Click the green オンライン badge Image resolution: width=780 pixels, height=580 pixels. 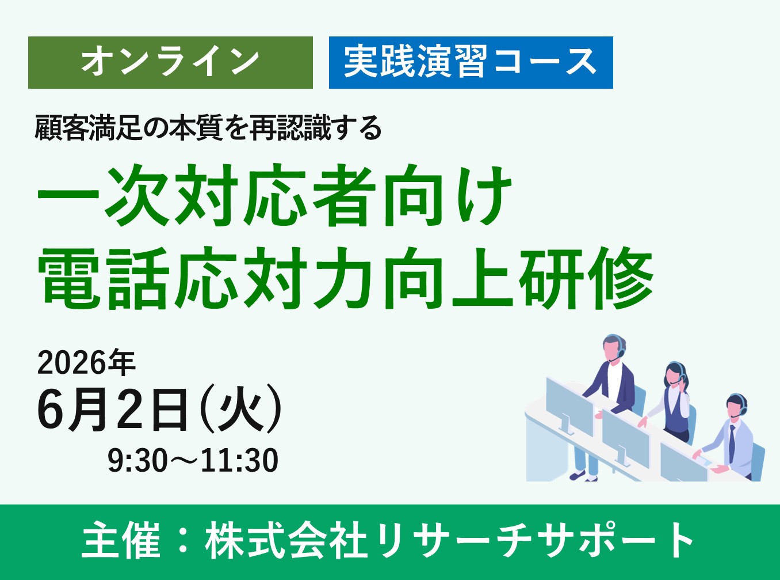[170, 62]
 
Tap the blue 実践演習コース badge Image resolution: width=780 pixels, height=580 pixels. [471, 62]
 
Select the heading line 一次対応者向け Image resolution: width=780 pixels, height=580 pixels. [274, 196]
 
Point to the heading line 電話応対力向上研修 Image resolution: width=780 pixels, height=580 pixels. [345, 278]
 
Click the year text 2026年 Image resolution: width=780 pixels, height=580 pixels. [86, 363]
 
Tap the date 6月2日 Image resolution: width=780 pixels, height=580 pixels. [113, 408]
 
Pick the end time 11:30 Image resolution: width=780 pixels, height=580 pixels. [240, 460]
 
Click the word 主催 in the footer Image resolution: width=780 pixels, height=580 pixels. [121, 541]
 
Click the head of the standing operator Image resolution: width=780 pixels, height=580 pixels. [614, 347]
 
